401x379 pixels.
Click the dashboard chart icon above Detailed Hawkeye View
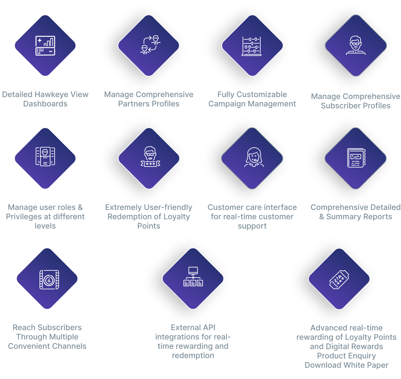[45, 45]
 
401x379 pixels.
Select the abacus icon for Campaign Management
[252, 46]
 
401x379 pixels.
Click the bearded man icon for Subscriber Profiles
[356, 45]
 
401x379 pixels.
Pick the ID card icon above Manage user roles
[45, 157]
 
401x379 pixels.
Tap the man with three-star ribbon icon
[150, 157]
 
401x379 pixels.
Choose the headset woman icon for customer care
[254, 158]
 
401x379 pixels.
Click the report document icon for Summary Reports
[356, 158]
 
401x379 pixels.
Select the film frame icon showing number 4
[49, 279]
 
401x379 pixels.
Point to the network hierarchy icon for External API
[193, 277]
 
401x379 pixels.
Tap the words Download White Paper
[346, 365]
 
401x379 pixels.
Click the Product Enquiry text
[346, 356]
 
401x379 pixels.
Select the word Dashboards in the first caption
[45, 104]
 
